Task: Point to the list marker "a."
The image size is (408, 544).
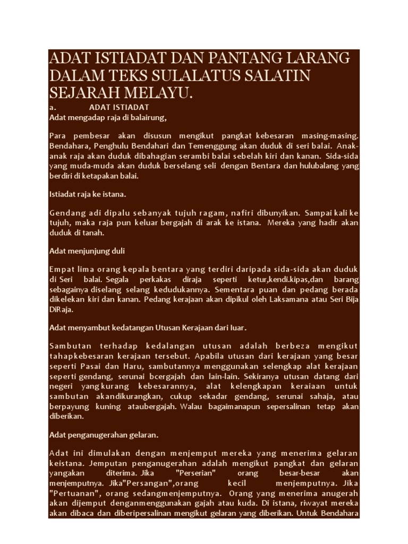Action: pos(52,107)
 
